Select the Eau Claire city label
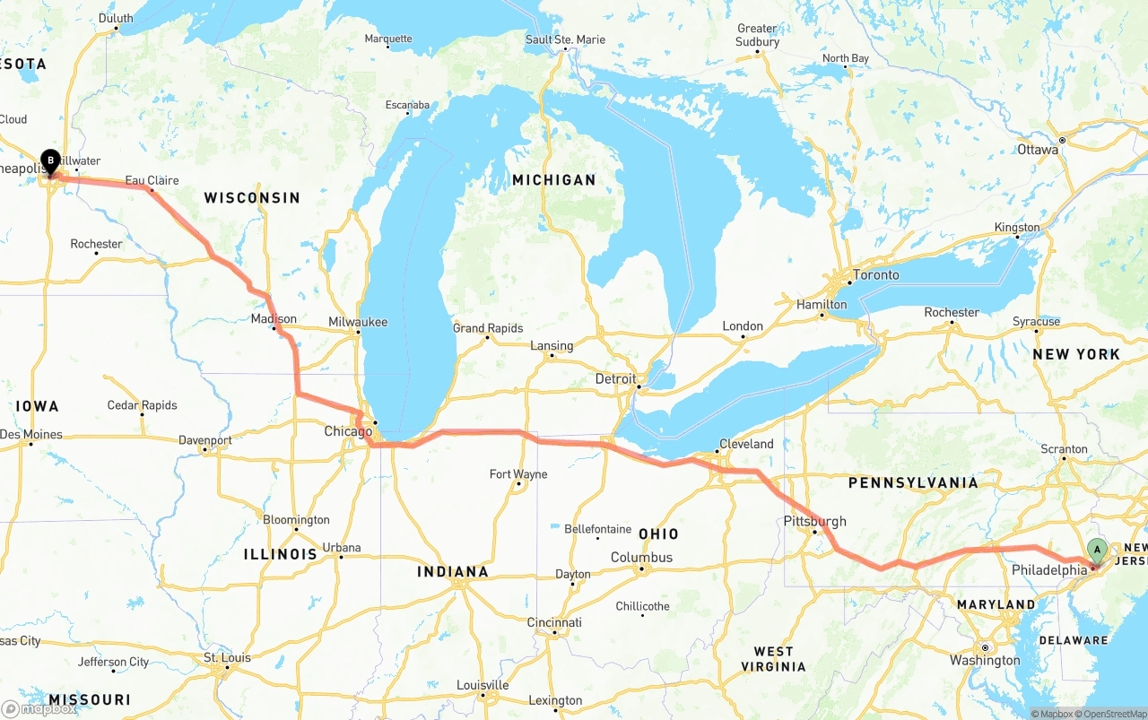152,180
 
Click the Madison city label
274,319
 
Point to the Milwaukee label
357,322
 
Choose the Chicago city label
348,431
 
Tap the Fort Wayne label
518,474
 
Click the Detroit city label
615,379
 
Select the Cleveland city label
745,444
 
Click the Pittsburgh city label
814,522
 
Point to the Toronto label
875,275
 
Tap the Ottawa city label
1038,150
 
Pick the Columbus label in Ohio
641,558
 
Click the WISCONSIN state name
252,197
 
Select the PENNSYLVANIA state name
913,483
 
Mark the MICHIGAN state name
553,180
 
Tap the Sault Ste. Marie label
565,39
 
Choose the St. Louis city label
227,658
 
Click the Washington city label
985,661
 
